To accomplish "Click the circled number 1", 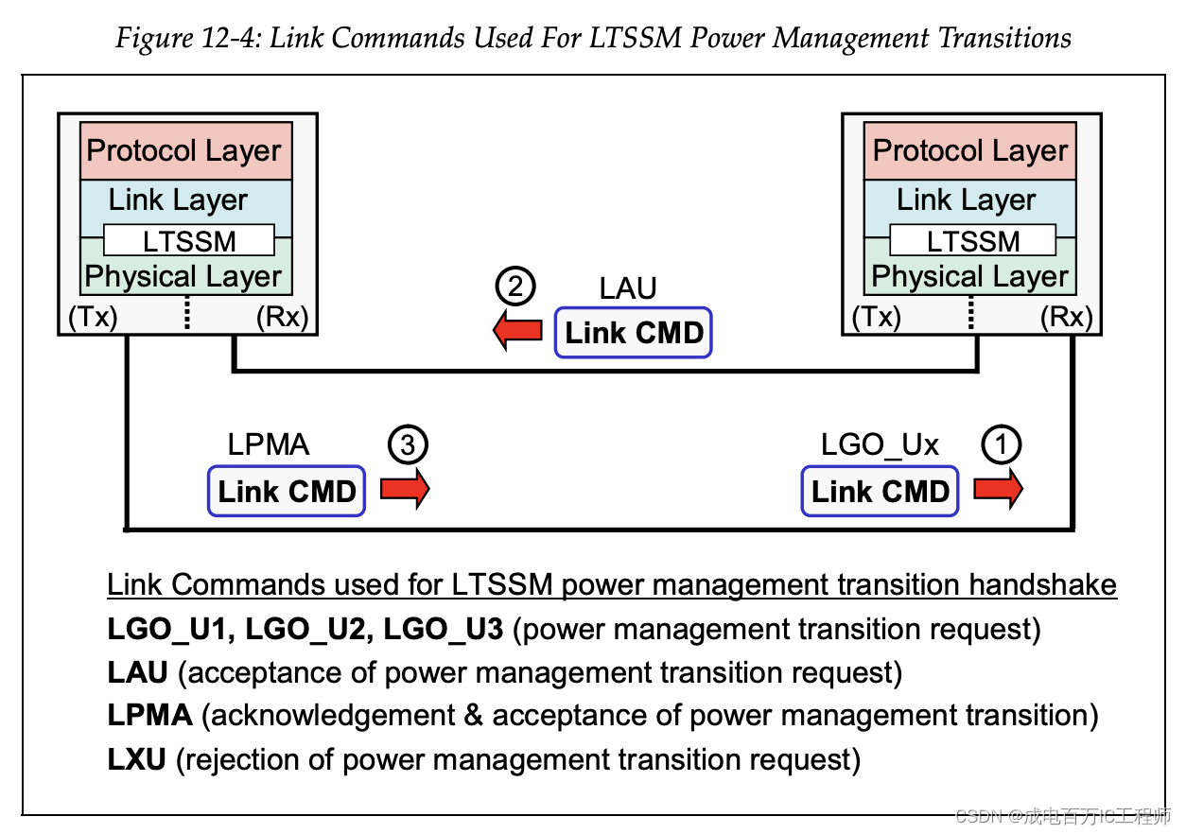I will click(1002, 444).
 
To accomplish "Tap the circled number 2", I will click(516, 286).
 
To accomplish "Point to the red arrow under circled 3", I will click(405, 489).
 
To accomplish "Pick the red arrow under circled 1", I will click(998, 489).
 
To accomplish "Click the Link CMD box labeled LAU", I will click(634, 333).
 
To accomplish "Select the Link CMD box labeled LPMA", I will click(287, 491).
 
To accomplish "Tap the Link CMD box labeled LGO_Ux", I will click(880, 491).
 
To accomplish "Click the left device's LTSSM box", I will click(188, 241).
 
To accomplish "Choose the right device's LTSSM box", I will click(973, 241).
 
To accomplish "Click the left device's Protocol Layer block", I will click(185, 151).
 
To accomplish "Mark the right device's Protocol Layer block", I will click(970, 151).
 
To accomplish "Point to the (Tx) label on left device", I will click(93, 317).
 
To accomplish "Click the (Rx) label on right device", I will click(1066, 317).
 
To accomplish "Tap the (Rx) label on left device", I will click(282, 317).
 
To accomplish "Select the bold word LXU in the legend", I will click(137, 758).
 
